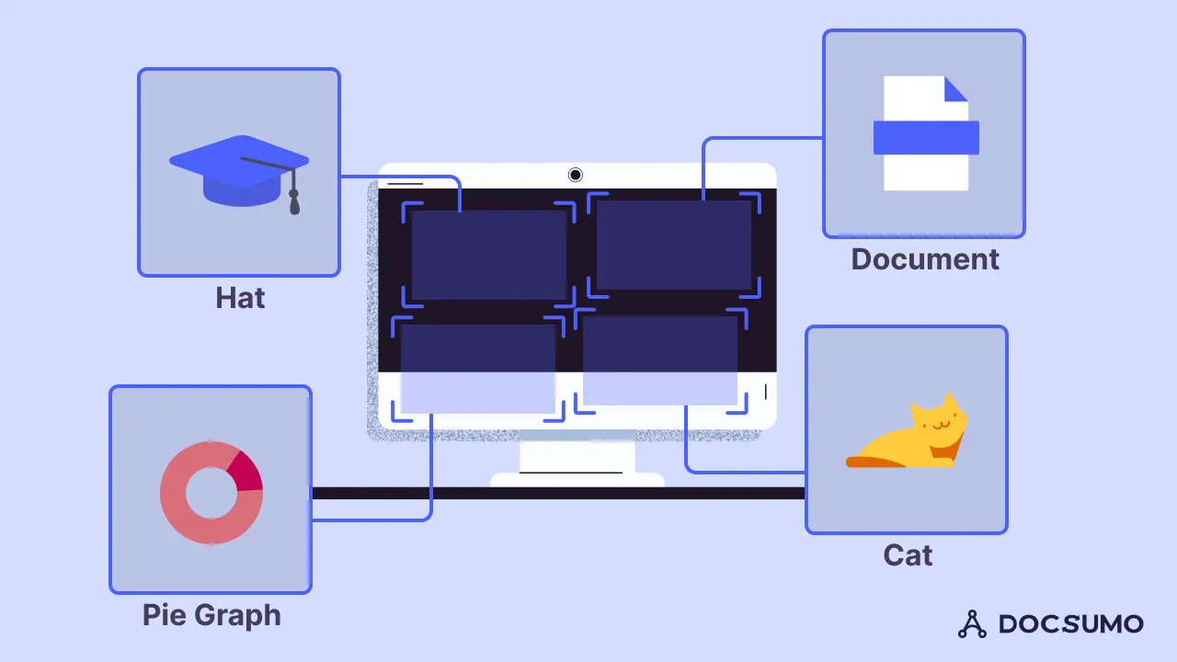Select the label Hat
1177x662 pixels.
click(x=240, y=298)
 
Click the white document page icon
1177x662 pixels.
click(x=925, y=169)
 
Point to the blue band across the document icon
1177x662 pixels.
click(x=925, y=137)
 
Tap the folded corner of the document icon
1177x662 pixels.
click(x=956, y=88)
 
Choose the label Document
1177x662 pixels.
click(x=924, y=259)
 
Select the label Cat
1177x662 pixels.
click(x=908, y=555)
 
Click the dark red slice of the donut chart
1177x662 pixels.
click(x=245, y=471)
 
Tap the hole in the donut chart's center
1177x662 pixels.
click(x=211, y=493)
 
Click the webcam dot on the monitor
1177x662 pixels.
click(x=576, y=175)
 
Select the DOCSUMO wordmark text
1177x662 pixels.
click(x=1071, y=623)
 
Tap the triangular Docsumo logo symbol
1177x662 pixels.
click(x=972, y=624)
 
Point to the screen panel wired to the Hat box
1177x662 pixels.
click(x=488, y=255)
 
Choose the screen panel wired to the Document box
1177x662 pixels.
click(x=674, y=245)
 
